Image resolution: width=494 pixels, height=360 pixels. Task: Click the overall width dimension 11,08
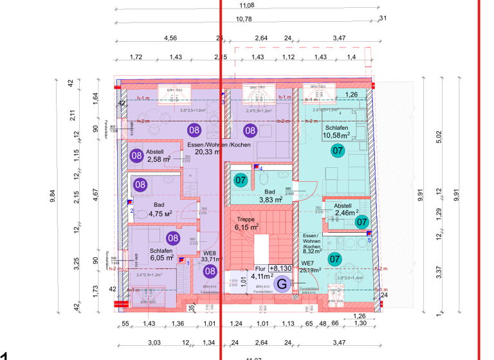coord(246,6)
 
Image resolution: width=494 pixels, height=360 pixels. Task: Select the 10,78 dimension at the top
coord(244,19)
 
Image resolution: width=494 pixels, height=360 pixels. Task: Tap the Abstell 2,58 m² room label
coord(159,156)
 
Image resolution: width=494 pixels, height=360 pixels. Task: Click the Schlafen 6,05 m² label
coord(161,254)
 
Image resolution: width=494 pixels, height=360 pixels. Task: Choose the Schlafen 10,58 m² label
coord(336,132)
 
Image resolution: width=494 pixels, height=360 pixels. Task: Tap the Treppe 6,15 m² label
coord(246,223)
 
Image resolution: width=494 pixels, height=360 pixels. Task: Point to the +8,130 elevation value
coord(284,268)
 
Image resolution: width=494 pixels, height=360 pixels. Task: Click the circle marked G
coord(281,282)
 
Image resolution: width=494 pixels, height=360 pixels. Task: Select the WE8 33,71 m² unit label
coord(208,256)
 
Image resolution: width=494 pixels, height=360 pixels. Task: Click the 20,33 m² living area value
coord(208,152)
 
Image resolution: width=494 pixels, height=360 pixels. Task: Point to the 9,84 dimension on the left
coord(52,196)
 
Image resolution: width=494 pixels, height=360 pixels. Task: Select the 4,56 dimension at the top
coord(170,38)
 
